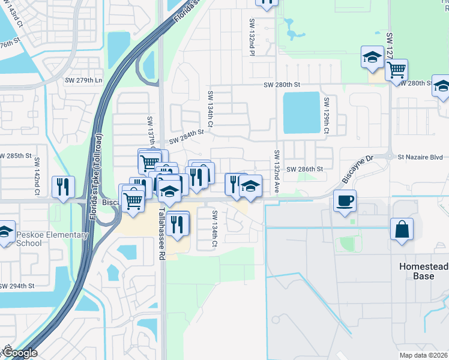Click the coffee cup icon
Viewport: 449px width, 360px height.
click(345, 201)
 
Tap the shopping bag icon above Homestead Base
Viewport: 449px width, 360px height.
click(402, 230)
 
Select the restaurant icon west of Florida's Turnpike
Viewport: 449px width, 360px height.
click(62, 187)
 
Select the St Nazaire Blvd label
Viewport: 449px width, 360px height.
click(418, 157)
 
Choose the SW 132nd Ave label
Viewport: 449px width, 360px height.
click(277, 171)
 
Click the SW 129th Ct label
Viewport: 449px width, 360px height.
click(327, 112)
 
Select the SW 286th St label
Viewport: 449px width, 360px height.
click(304, 170)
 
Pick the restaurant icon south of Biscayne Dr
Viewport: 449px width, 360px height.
click(175, 224)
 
